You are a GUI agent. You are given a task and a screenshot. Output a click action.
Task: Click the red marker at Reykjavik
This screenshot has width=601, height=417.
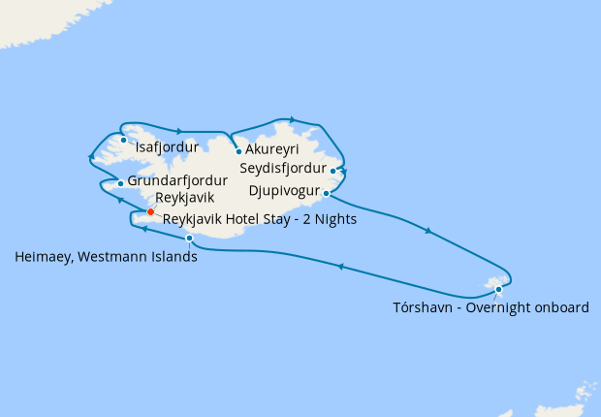[150, 211]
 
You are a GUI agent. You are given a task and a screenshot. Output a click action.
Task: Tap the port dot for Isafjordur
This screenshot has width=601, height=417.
[124, 140]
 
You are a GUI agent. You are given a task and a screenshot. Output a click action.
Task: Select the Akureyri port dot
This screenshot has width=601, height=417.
[238, 151]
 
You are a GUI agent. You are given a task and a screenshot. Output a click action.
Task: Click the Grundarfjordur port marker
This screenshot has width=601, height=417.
[120, 182]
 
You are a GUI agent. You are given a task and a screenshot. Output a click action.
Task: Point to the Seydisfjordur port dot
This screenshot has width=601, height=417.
[333, 172]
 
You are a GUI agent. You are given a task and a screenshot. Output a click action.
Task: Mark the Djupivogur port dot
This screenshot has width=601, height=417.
[327, 193]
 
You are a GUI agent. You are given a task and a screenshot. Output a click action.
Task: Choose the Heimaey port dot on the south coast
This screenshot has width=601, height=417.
[190, 239]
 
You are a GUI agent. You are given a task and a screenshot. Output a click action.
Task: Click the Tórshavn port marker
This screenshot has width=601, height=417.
[498, 289]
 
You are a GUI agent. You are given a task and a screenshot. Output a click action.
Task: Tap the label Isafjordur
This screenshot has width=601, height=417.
[167, 148]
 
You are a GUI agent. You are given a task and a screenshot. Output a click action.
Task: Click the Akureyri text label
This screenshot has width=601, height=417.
[272, 151]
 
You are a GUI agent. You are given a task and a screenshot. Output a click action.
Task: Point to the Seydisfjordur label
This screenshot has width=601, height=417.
[282, 167]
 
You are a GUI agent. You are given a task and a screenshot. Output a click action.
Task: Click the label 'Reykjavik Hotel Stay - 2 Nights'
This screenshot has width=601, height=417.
[260, 220]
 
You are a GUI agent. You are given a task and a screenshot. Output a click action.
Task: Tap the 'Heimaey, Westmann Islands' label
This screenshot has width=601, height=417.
[107, 258]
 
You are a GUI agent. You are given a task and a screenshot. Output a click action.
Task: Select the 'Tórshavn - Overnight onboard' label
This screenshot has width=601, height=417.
[490, 308]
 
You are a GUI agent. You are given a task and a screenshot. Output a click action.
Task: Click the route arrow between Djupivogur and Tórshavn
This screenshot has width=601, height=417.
[427, 231]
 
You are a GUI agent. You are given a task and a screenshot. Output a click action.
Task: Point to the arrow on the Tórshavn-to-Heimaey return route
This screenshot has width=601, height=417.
[341, 265]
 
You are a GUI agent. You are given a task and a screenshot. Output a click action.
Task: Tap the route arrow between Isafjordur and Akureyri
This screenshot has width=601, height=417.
[181, 129]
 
